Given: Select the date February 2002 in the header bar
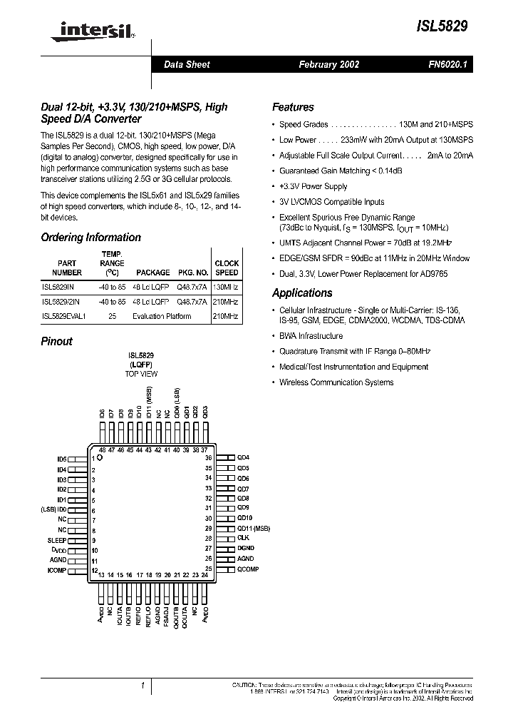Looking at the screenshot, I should click(x=328, y=64).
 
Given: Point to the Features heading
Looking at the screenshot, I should click(x=293, y=107).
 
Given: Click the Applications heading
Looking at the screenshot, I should click(x=302, y=293).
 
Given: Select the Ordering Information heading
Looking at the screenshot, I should click(x=90, y=238).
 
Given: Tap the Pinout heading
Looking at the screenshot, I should click(x=56, y=342).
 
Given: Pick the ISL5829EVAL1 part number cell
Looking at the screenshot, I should click(x=63, y=316).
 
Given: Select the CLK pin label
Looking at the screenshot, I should click(x=243, y=538).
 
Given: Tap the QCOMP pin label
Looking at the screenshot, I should click(x=248, y=569).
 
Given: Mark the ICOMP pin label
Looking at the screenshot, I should click(x=56, y=571).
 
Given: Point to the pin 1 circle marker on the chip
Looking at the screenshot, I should click(x=100, y=459).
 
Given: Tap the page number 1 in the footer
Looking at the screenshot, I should click(x=142, y=686).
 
